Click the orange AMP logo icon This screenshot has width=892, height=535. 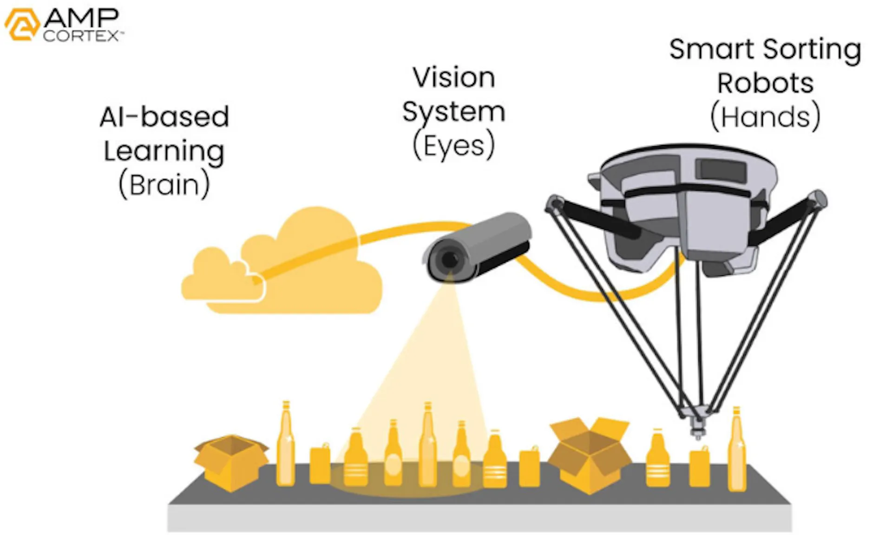click(22, 24)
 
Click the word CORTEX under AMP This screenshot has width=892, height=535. click(82, 36)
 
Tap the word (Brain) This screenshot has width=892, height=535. click(164, 185)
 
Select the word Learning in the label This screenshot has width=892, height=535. click(164, 152)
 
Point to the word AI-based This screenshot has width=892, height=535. click(164, 117)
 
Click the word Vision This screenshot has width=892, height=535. click(454, 77)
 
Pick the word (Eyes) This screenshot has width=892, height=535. click(454, 146)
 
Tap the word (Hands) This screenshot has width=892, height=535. click(765, 117)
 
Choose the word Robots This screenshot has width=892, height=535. click(765, 83)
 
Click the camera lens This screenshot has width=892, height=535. click(449, 260)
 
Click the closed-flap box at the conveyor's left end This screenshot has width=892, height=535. click(231, 463)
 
